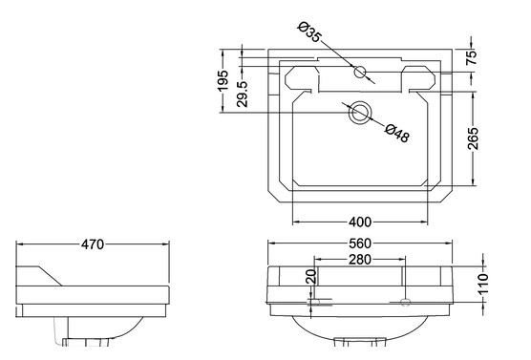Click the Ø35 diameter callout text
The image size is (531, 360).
pyautogui.click(x=309, y=32)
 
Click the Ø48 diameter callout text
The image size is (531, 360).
pyautogui.click(x=397, y=133)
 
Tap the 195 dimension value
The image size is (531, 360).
pyautogui.click(x=223, y=80)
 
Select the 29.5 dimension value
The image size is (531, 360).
pyautogui.click(x=243, y=95)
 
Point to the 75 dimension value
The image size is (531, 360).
pyautogui.click(x=472, y=57)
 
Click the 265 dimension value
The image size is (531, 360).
pyautogui.click(x=473, y=138)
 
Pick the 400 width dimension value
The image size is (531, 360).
pyautogui.click(x=360, y=222)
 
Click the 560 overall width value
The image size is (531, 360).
pyautogui.click(x=360, y=244)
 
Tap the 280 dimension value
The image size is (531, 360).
pyautogui.click(x=360, y=260)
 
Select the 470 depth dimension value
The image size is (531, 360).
pyautogui.click(x=93, y=244)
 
